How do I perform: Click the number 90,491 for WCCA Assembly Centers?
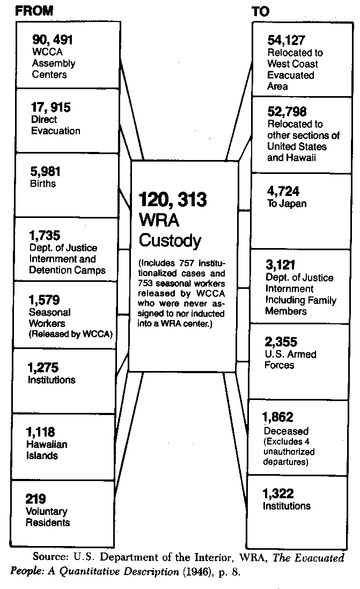tap(53, 40)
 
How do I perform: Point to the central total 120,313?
tap(173, 200)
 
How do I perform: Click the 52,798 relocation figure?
tap(287, 111)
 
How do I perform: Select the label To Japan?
tap(286, 203)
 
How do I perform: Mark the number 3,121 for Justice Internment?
tap(281, 265)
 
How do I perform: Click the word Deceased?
tap(286, 431)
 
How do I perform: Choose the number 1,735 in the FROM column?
tap(45, 236)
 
